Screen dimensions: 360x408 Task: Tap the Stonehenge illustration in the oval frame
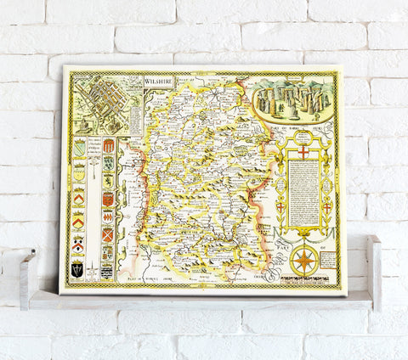pyautogui.click(x=292, y=98)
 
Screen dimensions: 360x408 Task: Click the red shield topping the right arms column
pyautogui.click(x=108, y=145)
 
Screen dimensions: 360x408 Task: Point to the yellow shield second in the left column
pyautogui.click(x=80, y=163)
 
